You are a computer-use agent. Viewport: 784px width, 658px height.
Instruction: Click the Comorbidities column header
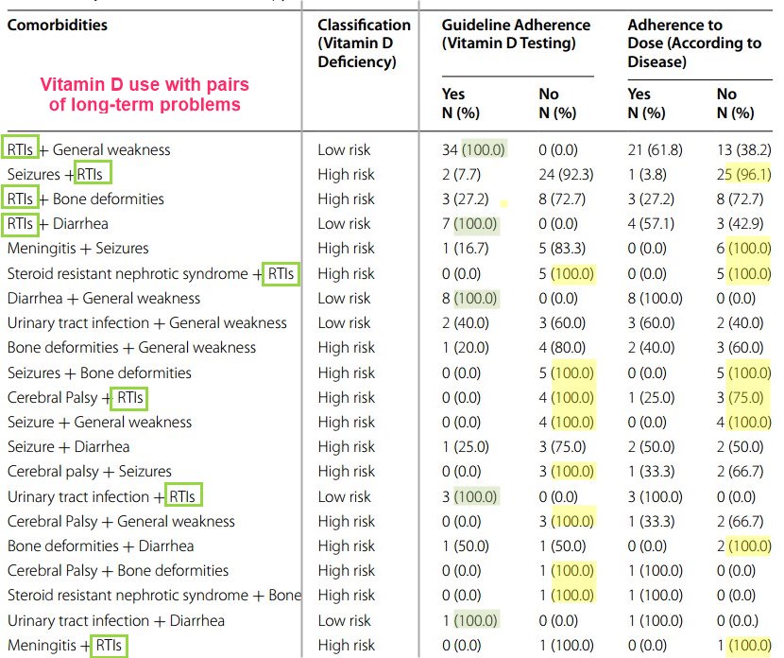58,25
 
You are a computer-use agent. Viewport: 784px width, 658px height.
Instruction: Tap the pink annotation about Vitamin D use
145,95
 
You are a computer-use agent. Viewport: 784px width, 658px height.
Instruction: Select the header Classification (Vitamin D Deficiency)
364,43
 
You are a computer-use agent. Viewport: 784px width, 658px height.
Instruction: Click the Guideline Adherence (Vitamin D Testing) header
516,34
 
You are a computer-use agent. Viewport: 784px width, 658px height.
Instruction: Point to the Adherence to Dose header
694,43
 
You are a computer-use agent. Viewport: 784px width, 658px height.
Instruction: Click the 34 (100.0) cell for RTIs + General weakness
474,149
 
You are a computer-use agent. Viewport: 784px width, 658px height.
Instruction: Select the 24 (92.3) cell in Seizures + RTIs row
557,174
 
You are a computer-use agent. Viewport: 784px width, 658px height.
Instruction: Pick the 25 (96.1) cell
743,174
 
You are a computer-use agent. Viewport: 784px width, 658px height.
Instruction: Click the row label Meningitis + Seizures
77,249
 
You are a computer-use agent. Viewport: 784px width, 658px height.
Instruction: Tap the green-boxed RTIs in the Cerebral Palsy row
130,397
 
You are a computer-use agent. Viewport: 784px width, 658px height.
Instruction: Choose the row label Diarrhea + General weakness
104,298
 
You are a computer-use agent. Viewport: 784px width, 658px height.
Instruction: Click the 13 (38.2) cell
743,149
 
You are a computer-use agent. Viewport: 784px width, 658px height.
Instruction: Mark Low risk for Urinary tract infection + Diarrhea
345,620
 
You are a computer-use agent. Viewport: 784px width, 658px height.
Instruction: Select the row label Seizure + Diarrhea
68,446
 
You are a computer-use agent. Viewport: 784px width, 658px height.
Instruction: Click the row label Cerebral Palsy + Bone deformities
118,570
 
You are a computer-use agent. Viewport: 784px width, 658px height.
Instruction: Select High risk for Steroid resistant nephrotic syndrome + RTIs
347,273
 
